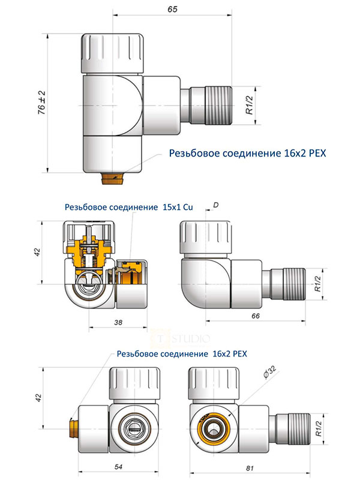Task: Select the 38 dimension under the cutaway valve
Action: (x=118, y=322)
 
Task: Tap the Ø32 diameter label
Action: (x=269, y=375)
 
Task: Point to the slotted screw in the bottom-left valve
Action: (x=134, y=430)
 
